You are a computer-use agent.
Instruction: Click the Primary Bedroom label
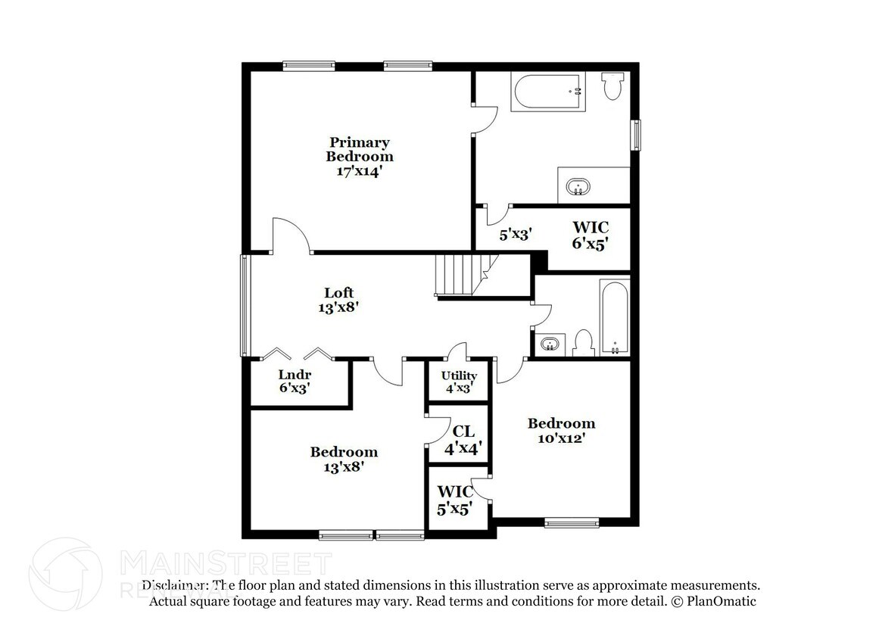(x=360, y=157)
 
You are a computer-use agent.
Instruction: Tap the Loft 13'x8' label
(x=338, y=300)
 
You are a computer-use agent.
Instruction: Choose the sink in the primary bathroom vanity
(x=578, y=186)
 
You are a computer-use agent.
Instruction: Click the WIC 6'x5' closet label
(x=591, y=235)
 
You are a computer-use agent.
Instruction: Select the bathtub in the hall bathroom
(x=614, y=318)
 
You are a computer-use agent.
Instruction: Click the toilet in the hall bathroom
(x=583, y=342)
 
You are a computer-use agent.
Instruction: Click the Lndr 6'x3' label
(x=295, y=381)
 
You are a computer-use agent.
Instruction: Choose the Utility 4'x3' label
(x=460, y=381)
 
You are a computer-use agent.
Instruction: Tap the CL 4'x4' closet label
(x=463, y=438)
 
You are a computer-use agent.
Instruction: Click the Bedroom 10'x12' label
(x=561, y=430)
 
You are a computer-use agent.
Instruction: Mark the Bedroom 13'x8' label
(x=343, y=459)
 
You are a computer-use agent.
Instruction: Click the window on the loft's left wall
(x=244, y=305)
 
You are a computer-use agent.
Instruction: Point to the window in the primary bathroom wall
(x=637, y=135)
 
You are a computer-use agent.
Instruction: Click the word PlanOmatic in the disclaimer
(x=720, y=601)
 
